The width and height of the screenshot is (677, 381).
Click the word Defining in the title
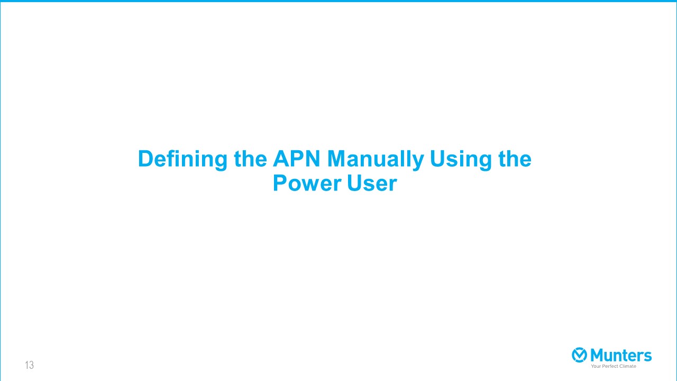pos(182,159)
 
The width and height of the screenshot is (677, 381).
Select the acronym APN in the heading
pos(296,158)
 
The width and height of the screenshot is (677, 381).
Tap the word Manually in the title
pos(376,160)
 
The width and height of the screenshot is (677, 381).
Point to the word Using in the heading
pos(461,160)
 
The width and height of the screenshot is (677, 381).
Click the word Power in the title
pos(307,183)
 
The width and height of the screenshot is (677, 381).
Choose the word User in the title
pos(372,183)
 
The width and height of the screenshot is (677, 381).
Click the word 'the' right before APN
pos(250,158)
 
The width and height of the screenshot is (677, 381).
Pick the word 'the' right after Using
pos(515,158)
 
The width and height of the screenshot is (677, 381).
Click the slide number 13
pos(29,365)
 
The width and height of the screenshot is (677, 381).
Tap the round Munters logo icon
pos(579,355)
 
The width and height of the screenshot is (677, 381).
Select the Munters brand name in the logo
pos(621,355)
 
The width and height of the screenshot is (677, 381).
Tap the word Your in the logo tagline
pos(596,366)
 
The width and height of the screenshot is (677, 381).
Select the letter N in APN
pos(313,158)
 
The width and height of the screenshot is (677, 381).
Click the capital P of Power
pos(280,183)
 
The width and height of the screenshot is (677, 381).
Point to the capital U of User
pos(354,183)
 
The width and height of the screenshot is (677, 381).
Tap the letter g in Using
pos(486,162)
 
